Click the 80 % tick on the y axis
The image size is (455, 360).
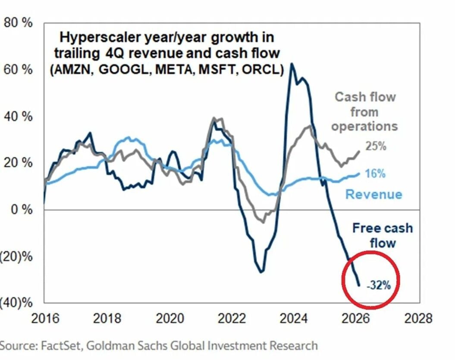click(18, 23)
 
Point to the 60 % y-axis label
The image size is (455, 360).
click(18, 69)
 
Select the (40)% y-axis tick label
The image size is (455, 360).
click(16, 303)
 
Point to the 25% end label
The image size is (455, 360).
click(376, 146)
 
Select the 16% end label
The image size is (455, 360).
click(375, 174)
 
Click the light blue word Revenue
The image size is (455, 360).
click(373, 194)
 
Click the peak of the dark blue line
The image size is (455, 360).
click(292, 64)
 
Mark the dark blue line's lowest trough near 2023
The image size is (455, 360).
click(261, 272)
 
